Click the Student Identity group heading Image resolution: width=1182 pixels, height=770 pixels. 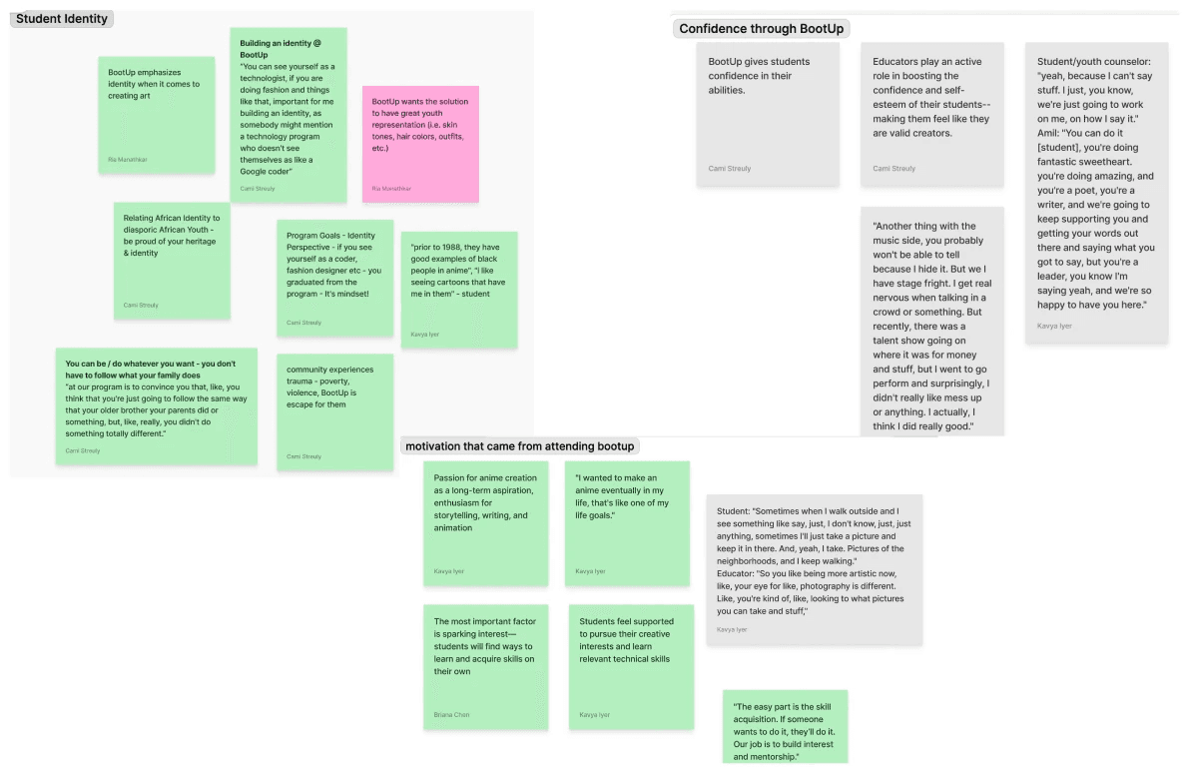coord(62,19)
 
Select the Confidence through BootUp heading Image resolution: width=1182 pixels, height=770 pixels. coord(761,29)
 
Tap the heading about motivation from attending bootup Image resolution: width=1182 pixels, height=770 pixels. coord(519,445)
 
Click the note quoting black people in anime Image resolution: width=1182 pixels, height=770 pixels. coord(458,289)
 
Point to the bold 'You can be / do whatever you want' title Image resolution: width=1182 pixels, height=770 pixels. coord(150,369)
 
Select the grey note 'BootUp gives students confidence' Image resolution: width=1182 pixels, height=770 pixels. coord(754,113)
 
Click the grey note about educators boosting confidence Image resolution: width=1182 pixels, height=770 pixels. coord(931,113)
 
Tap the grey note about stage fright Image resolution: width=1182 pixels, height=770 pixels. coord(931,320)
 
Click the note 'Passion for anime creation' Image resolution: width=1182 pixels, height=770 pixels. coord(485,522)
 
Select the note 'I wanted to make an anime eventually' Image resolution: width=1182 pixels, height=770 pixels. coord(627,522)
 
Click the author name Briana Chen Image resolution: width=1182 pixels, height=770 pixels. coord(451,715)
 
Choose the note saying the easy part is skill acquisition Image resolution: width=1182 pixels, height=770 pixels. coord(785,727)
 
